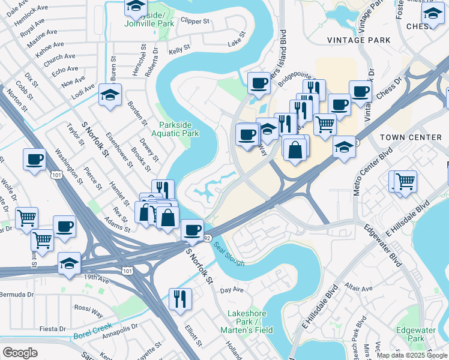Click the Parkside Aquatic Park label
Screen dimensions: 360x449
[x=178, y=129]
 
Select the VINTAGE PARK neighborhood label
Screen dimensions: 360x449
[x=358, y=40]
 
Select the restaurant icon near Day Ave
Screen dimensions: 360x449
[x=180, y=298]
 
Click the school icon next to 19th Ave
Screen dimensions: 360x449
[x=69, y=263]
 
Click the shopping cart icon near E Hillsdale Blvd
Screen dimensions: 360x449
[x=406, y=180]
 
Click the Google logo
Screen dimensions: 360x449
[x=20, y=352]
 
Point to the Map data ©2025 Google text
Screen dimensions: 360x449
[x=411, y=355]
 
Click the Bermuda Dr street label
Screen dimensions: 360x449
[x=17, y=295]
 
